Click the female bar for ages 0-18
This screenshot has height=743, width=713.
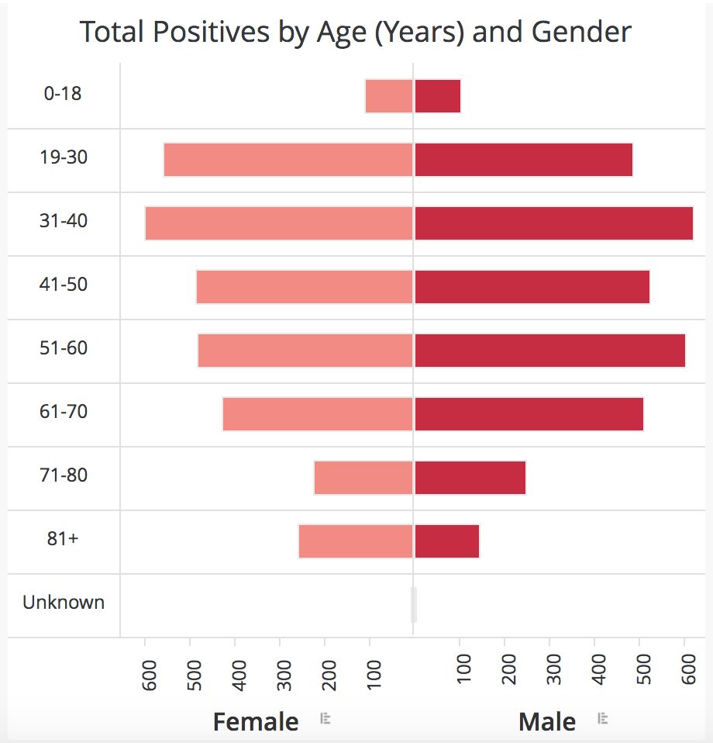coord(389,96)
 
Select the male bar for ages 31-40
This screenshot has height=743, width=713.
coord(554,223)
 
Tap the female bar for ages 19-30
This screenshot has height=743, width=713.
coord(288,160)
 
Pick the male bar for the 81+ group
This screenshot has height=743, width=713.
coord(447,541)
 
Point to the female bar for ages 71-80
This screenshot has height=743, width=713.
coord(363,478)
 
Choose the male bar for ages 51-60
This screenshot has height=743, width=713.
coord(550,351)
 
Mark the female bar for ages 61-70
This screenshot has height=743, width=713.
coord(318,414)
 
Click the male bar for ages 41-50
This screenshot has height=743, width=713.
coord(532,287)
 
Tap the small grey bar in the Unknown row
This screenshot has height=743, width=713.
coord(414,605)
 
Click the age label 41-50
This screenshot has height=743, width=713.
coord(64,285)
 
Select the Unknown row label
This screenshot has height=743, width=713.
coord(64,603)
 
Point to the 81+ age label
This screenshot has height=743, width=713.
coord(63,538)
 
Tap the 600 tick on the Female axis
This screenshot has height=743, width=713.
coord(149,675)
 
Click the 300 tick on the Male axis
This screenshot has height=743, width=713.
coord(553,669)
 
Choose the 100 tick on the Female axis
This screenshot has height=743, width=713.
coord(374,675)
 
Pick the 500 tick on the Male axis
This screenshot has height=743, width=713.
coord(643,669)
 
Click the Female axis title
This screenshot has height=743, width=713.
coord(256,722)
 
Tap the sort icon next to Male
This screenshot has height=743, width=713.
coord(603,718)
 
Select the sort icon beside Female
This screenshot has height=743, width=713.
coord(325,718)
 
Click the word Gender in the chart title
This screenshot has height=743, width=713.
coord(581,32)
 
